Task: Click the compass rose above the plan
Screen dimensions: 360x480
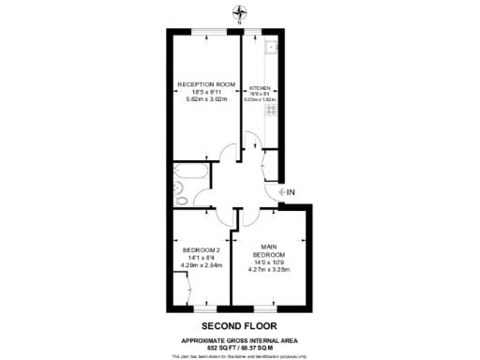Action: (x=239, y=12)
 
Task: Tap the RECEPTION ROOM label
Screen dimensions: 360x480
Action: (x=205, y=84)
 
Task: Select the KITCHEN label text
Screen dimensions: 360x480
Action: (x=260, y=87)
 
